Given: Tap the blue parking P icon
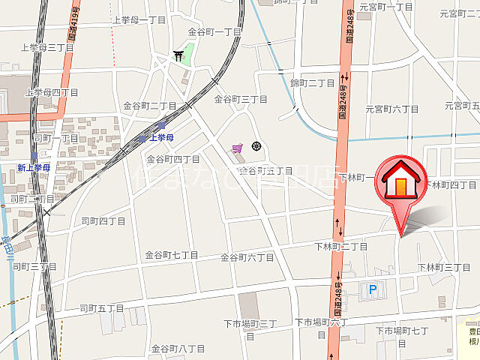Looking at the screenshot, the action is click(x=372, y=288).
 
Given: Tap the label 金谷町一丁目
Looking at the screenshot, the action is click(x=214, y=31).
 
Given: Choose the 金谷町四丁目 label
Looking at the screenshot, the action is click(x=173, y=159).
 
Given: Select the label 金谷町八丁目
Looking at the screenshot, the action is click(x=178, y=349).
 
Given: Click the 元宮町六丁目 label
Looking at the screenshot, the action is click(x=392, y=109).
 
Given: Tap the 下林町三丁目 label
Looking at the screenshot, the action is click(x=444, y=268).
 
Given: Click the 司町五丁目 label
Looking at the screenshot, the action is click(x=102, y=307).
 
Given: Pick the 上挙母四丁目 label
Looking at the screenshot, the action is click(x=51, y=92).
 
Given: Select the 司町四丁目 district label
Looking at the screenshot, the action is click(x=103, y=220).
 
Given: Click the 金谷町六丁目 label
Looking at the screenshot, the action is click(x=247, y=257).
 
